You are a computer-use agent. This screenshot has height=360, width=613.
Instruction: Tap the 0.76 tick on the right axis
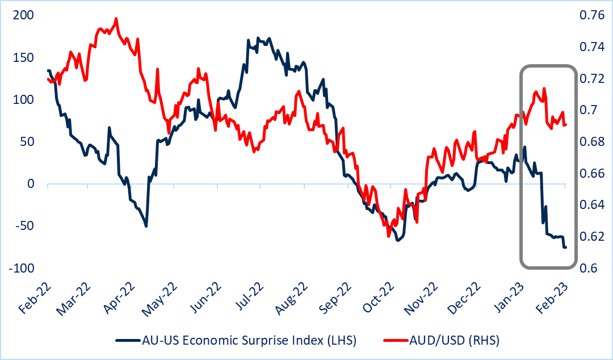pos(590,15)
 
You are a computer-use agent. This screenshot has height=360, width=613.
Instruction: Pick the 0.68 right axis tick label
pos(590,142)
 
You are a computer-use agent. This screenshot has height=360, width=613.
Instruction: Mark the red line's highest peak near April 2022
pos(116,19)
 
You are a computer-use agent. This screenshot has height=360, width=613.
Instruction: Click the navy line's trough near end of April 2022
pos(146,226)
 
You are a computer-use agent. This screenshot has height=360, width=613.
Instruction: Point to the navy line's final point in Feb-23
pos(565,247)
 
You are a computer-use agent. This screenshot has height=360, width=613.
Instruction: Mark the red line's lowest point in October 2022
pos(389,237)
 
